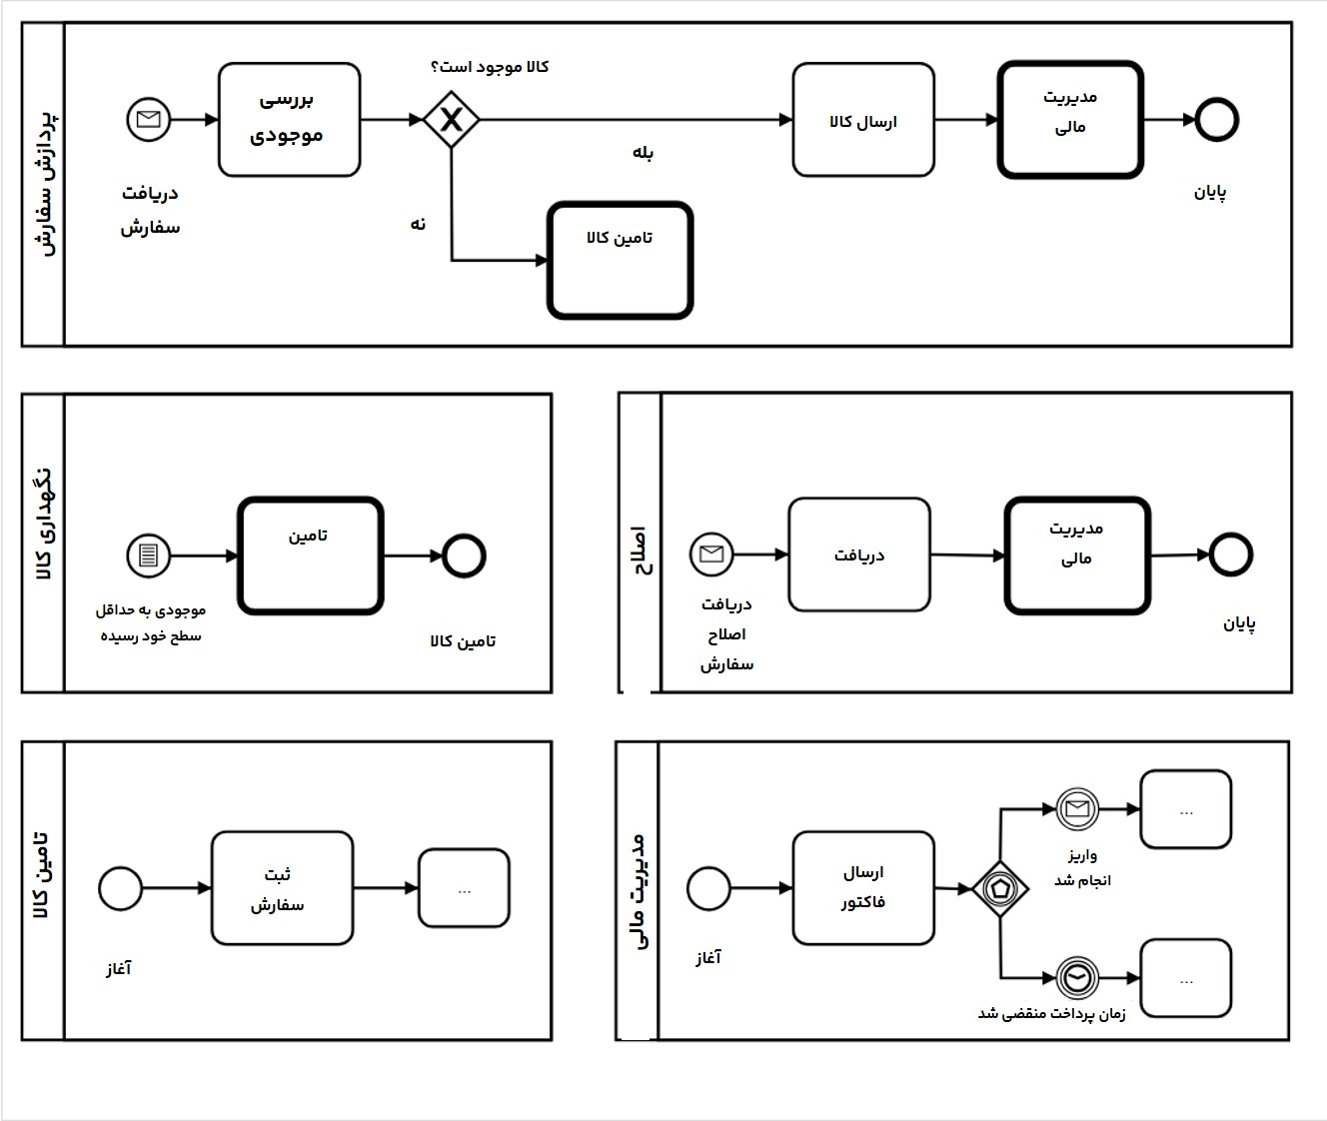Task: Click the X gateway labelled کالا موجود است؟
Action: (x=452, y=120)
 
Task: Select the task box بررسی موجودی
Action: (x=289, y=120)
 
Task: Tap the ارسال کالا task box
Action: (x=863, y=120)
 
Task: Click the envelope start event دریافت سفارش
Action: (x=149, y=120)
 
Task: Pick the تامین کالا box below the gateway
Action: (x=620, y=261)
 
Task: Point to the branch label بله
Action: (x=643, y=153)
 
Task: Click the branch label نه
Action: (x=418, y=224)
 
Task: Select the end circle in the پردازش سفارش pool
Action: (x=1216, y=120)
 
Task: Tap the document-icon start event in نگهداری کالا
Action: (x=149, y=556)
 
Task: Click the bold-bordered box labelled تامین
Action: (x=310, y=556)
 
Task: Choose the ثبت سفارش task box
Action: (x=282, y=888)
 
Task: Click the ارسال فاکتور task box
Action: (x=863, y=888)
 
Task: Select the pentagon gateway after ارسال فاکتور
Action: (x=1000, y=887)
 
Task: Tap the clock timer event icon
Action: (x=1077, y=978)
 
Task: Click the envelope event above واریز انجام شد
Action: (x=1077, y=809)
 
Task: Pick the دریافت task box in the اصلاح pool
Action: (x=859, y=556)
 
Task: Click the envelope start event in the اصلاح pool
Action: (x=711, y=554)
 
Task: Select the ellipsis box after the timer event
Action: (x=1185, y=979)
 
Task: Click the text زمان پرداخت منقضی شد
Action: (x=1051, y=1013)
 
